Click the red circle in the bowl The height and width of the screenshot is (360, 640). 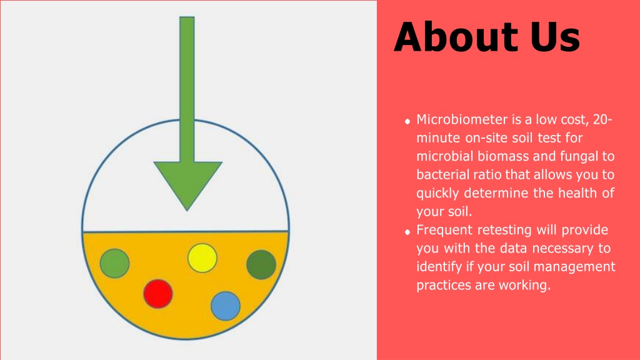click(x=158, y=294)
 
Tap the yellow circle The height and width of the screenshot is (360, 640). click(x=202, y=258)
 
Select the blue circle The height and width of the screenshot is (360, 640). click(x=225, y=306)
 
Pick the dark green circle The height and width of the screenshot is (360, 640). click(x=261, y=265)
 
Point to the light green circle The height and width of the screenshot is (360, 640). click(x=115, y=263)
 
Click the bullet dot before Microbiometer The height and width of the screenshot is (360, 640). click(x=407, y=121)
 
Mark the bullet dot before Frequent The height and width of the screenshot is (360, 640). click(x=407, y=232)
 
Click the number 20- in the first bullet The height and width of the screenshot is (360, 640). click(x=602, y=119)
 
